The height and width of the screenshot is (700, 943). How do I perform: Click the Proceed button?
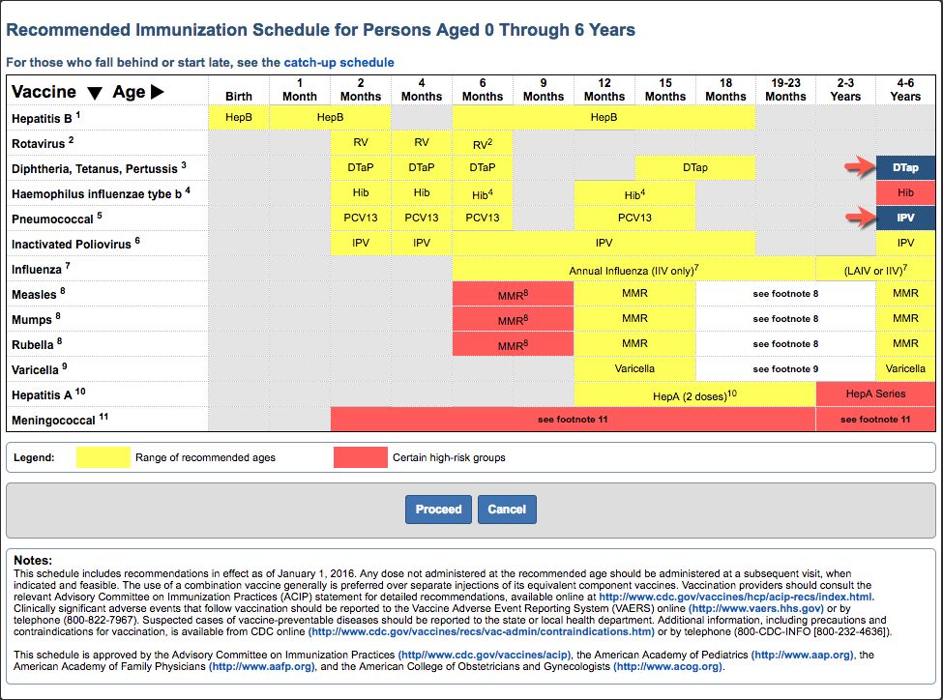pos(438,510)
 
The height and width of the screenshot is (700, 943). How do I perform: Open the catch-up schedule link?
pos(339,63)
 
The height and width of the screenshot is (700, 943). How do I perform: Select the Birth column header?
pos(239,96)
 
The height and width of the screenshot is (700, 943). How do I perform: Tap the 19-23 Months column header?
pos(785,90)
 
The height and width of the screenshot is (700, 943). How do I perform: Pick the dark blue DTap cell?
pos(905,167)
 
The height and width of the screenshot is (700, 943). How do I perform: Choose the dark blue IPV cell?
pos(905,218)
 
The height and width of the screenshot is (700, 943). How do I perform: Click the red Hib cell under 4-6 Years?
pos(905,192)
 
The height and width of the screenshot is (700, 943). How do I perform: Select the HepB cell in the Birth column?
pos(239,117)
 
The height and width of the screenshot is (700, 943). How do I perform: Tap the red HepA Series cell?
pos(875,394)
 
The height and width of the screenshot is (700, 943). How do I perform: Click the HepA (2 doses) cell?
pos(694,394)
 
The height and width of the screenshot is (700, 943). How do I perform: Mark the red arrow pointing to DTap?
pos(858,167)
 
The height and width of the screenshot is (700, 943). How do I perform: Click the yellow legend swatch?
pos(103,457)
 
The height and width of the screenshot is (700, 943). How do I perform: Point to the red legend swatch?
pos(360,457)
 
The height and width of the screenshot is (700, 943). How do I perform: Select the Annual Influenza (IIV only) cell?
pos(634,268)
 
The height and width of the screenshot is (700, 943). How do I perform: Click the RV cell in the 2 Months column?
pos(361,142)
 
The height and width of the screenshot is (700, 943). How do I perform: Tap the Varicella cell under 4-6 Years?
pos(905,368)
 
